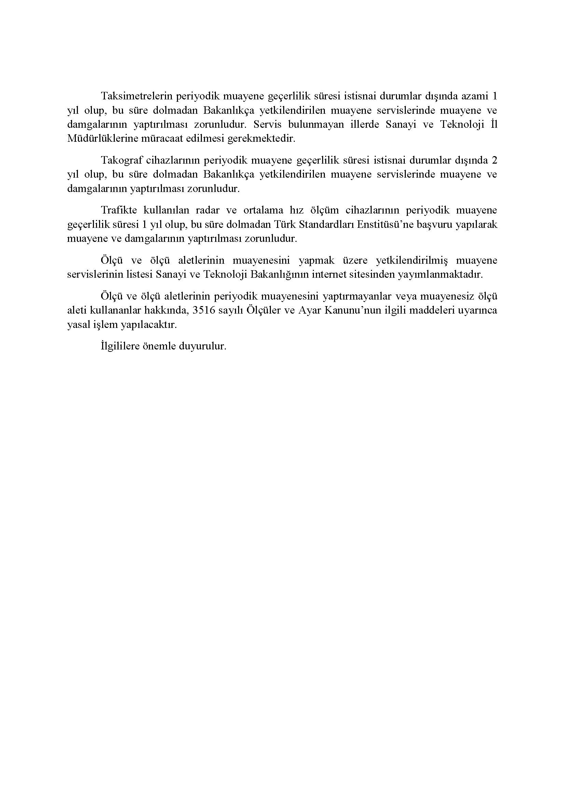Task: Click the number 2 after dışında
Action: tap(494, 161)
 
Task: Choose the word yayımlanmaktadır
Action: tap(440, 275)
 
